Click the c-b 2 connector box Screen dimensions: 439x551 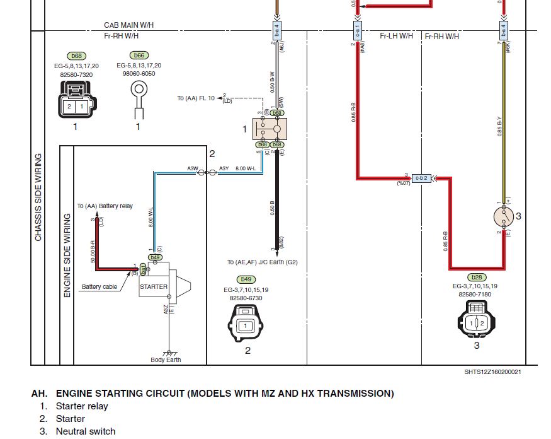click(421, 179)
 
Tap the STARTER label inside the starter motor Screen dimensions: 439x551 click(154, 286)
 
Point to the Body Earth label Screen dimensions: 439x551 click(166, 360)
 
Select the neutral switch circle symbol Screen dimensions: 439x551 click(504, 216)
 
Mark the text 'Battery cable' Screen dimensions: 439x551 click(99, 287)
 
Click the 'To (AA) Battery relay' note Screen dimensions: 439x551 click(105, 206)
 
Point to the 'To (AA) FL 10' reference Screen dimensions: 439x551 click(196, 98)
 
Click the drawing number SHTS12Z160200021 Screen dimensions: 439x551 click(492, 372)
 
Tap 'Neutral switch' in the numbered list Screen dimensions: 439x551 click(86, 431)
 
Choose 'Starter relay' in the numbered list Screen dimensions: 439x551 click(82, 406)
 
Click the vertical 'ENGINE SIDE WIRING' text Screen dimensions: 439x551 click(67, 255)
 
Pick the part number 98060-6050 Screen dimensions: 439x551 click(139, 74)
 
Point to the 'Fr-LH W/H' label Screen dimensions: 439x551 click(396, 36)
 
